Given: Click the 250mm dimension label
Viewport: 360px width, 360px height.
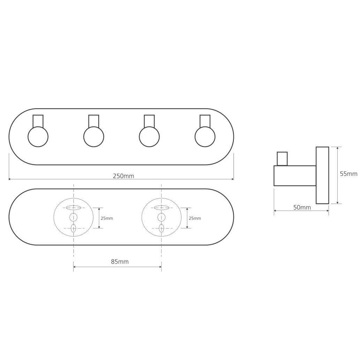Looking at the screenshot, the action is click(x=123, y=176).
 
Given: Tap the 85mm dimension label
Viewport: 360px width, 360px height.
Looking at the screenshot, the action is click(x=120, y=262).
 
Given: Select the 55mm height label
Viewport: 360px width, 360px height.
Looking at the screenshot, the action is click(x=348, y=174).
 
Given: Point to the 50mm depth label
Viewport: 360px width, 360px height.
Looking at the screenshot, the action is click(x=302, y=208).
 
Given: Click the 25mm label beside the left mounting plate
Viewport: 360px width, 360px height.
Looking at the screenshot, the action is click(x=107, y=218).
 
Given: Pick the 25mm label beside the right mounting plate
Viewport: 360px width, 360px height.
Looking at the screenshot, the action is click(x=195, y=218).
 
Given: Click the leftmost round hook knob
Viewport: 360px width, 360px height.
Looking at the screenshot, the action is click(x=38, y=137).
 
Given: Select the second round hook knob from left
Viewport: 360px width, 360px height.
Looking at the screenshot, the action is click(x=94, y=137).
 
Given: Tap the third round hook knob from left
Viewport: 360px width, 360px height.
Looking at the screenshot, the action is click(x=149, y=137).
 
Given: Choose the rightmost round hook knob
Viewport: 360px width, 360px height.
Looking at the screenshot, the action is click(x=205, y=137).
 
